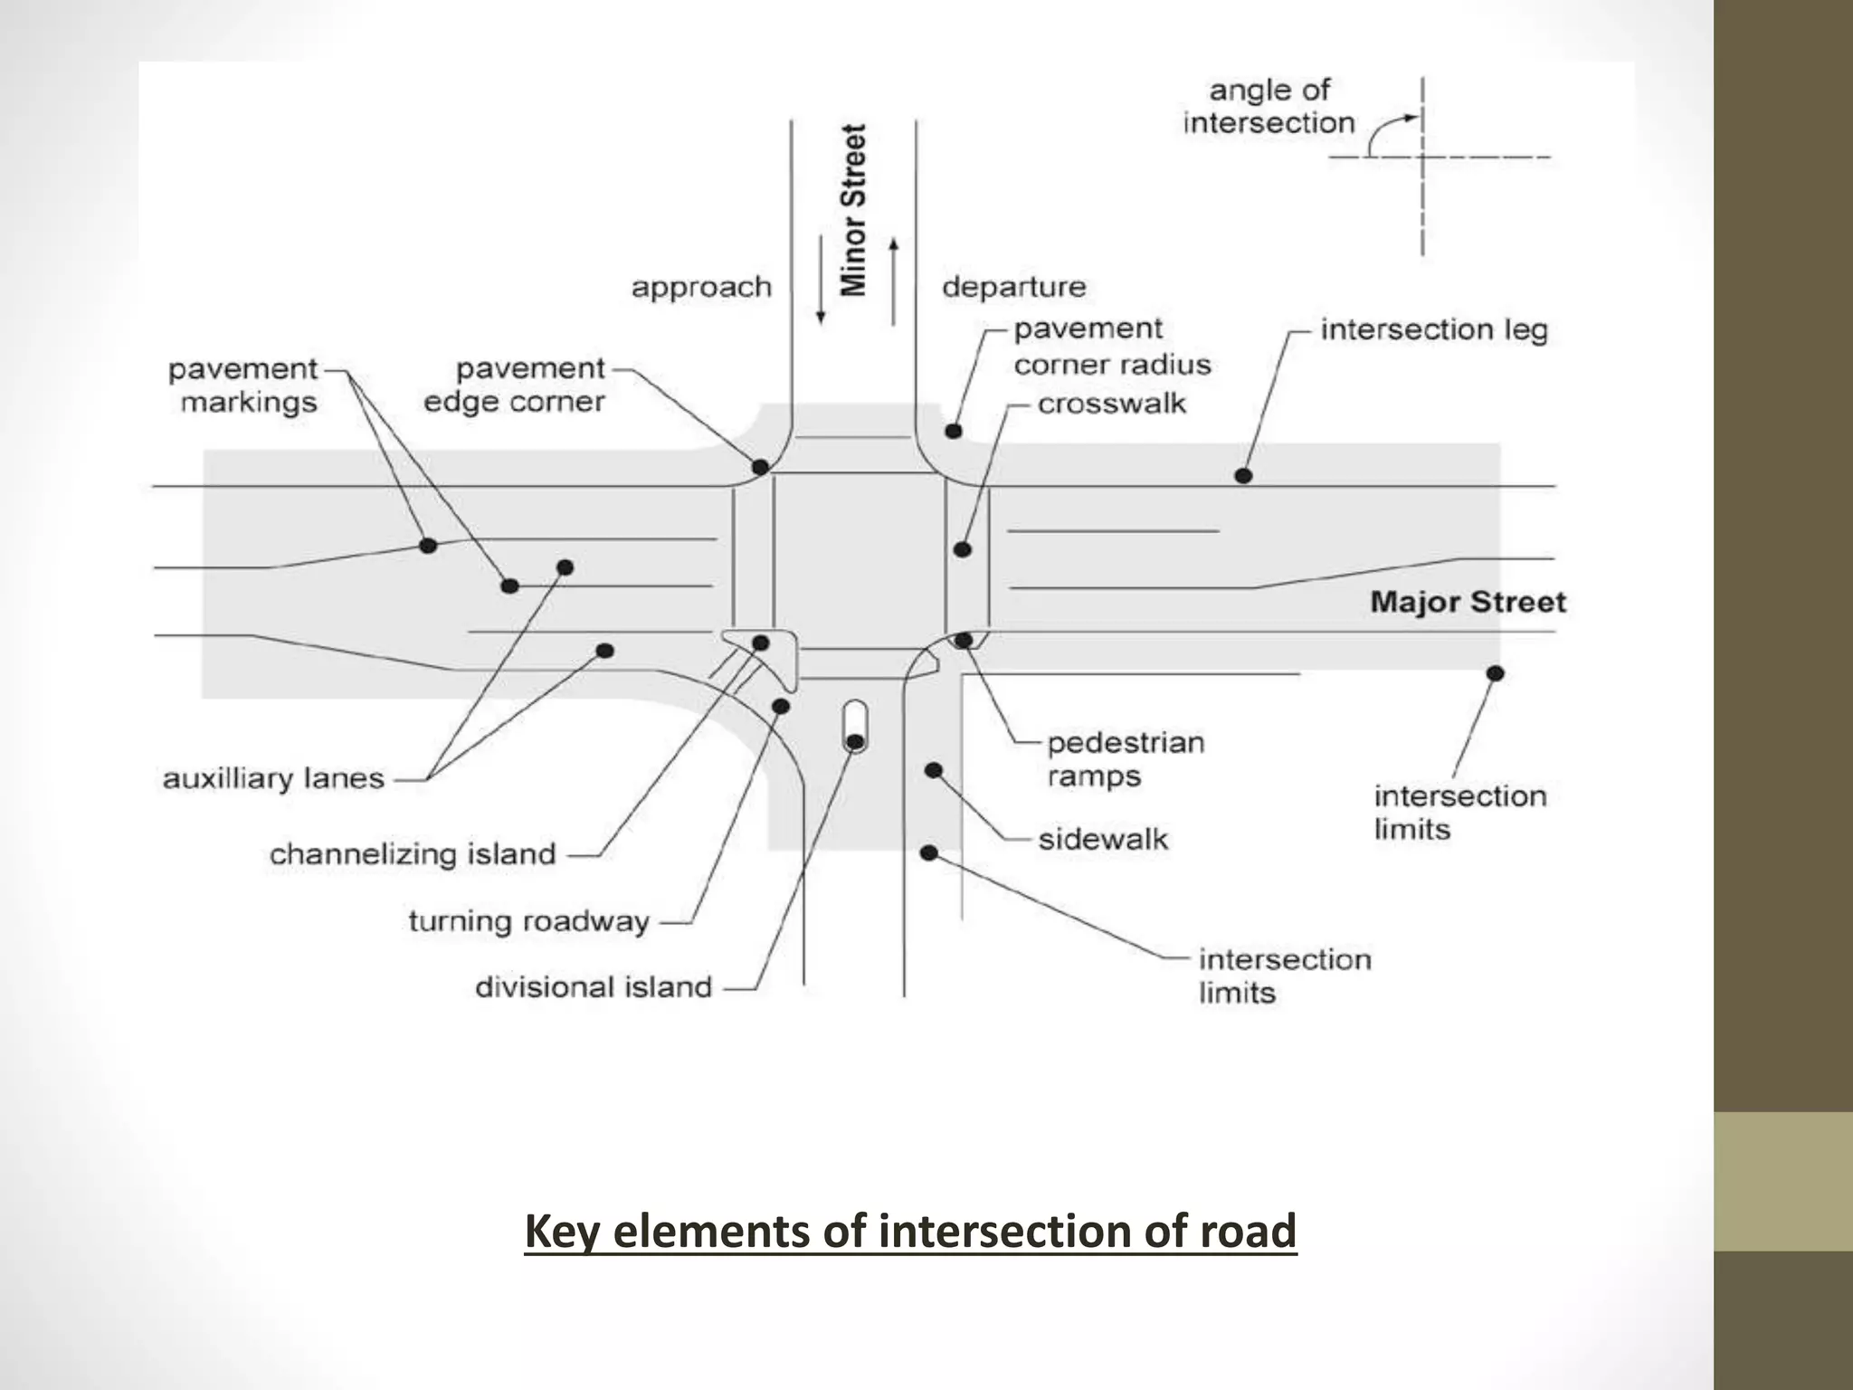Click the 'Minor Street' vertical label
click(854, 210)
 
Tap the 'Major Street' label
click(1467, 603)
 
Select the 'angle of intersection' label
click(1269, 107)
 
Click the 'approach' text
click(701, 288)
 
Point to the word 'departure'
click(1013, 288)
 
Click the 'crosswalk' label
click(1111, 404)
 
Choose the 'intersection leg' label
click(1434, 329)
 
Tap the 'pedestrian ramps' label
click(1125, 759)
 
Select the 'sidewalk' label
click(1103, 840)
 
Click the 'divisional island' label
click(594, 987)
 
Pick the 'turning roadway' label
click(529, 922)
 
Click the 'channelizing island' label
click(413, 854)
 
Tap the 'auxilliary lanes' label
click(273, 779)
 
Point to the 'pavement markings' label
click(243, 386)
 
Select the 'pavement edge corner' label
click(514, 386)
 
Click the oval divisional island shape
click(854, 725)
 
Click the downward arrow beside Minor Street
click(822, 280)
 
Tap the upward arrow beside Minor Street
click(894, 281)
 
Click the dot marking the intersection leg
click(1243, 475)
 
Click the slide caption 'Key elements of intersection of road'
click(910, 1233)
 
